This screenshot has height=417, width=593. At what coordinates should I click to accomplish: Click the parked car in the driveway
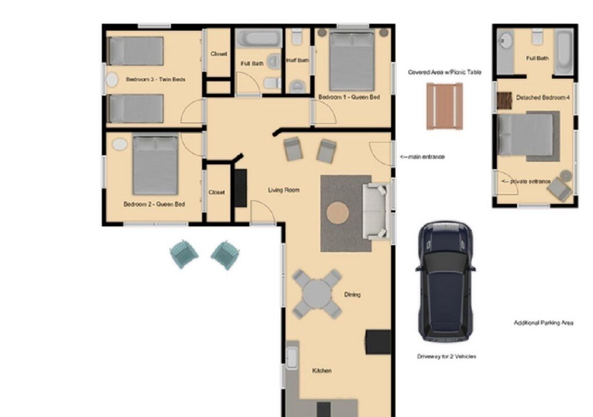pyautogui.click(x=445, y=281)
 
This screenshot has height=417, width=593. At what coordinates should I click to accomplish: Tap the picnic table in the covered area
pyautogui.click(x=445, y=107)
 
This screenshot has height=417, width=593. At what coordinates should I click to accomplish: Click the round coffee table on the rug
pyautogui.click(x=338, y=213)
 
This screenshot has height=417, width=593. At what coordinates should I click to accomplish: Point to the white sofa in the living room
pyautogui.click(x=376, y=211)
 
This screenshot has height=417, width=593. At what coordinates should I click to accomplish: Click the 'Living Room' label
pyautogui.click(x=284, y=190)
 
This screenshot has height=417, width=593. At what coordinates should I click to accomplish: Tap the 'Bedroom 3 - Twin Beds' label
pyautogui.click(x=155, y=79)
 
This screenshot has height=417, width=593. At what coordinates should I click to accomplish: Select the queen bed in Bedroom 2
pyautogui.click(x=155, y=166)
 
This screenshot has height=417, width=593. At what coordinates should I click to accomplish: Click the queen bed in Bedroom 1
pyautogui.click(x=352, y=61)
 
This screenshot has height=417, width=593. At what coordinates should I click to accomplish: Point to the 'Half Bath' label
pyautogui.click(x=298, y=60)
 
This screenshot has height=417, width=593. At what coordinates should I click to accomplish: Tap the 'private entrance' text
pyautogui.click(x=526, y=182)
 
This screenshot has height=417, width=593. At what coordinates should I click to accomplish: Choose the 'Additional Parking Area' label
pyautogui.click(x=543, y=323)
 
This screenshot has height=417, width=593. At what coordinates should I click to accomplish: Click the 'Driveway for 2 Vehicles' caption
pyautogui.click(x=446, y=356)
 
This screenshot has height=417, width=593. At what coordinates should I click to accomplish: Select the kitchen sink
pyautogui.click(x=292, y=358)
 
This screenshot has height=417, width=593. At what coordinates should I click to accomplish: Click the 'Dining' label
pyautogui.click(x=352, y=294)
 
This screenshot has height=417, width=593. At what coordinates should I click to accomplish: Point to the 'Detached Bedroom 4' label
pyautogui.click(x=543, y=98)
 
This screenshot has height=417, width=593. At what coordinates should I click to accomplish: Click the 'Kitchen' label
pyautogui.click(x=322, y=371)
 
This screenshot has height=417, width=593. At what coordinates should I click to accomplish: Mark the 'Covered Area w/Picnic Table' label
pyautogui.click(x=445, y=72)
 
